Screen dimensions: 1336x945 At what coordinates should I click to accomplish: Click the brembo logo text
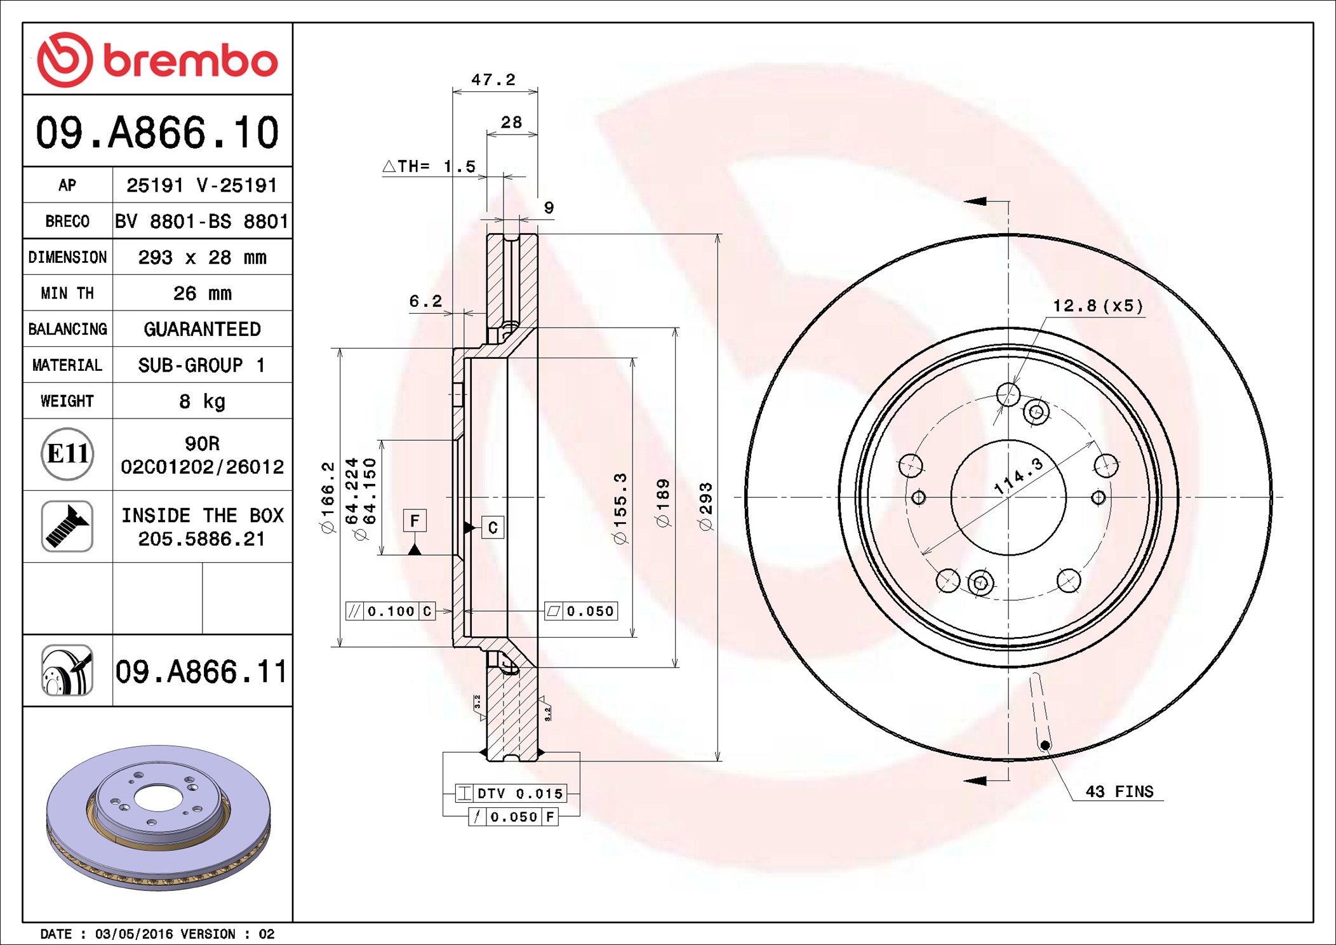click(x=190, y=61)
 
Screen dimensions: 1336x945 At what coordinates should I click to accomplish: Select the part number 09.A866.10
click(x=157, y=132)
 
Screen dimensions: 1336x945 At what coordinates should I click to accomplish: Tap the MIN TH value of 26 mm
click(x=203, y=293)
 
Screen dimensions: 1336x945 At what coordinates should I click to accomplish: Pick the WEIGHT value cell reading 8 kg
click(x=203, y=401)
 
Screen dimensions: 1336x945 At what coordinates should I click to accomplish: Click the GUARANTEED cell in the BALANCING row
click(x=203, y=329)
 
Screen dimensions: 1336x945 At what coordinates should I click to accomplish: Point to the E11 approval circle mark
click(x=67, y=454)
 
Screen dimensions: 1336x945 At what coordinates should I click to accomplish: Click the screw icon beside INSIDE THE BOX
click(x=67, y=526)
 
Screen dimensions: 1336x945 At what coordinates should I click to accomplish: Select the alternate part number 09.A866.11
click(x=201, y=671)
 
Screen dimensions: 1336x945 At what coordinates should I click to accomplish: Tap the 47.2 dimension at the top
click(x=493, y=79)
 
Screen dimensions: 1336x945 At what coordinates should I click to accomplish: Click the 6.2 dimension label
click(x=425, y=300)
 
